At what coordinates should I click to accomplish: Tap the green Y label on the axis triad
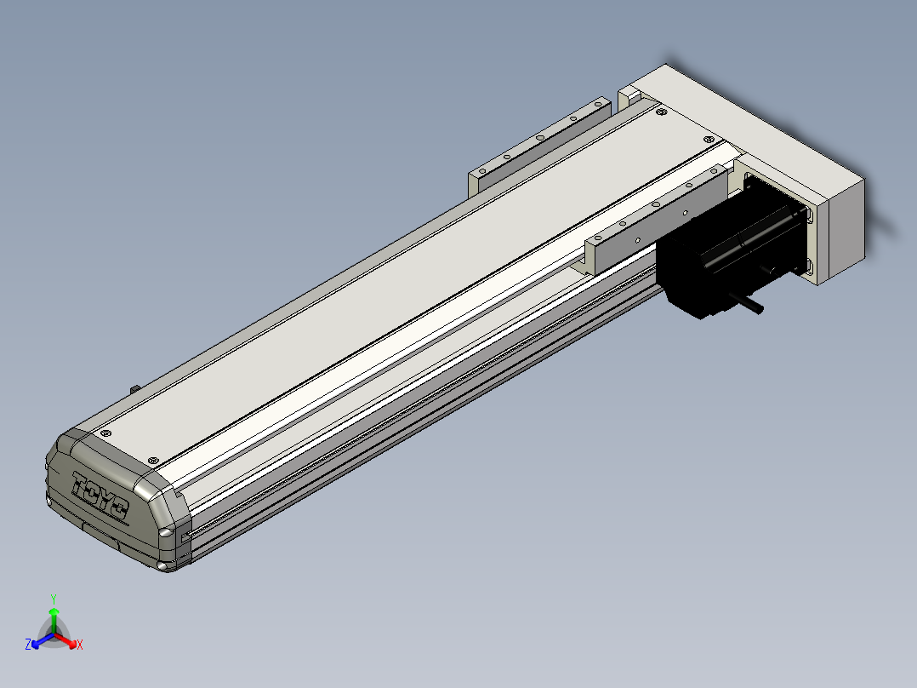tap(54, 599)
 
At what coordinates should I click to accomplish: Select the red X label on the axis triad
tap(80, 645)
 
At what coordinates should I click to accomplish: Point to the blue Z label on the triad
tap(27, 644)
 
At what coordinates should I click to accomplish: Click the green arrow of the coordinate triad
tap(54, 620)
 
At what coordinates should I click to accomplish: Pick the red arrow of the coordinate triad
tap(65, 640)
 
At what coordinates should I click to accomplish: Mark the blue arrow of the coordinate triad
tap(43, 640)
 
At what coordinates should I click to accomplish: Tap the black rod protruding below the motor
tap(746, 304)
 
